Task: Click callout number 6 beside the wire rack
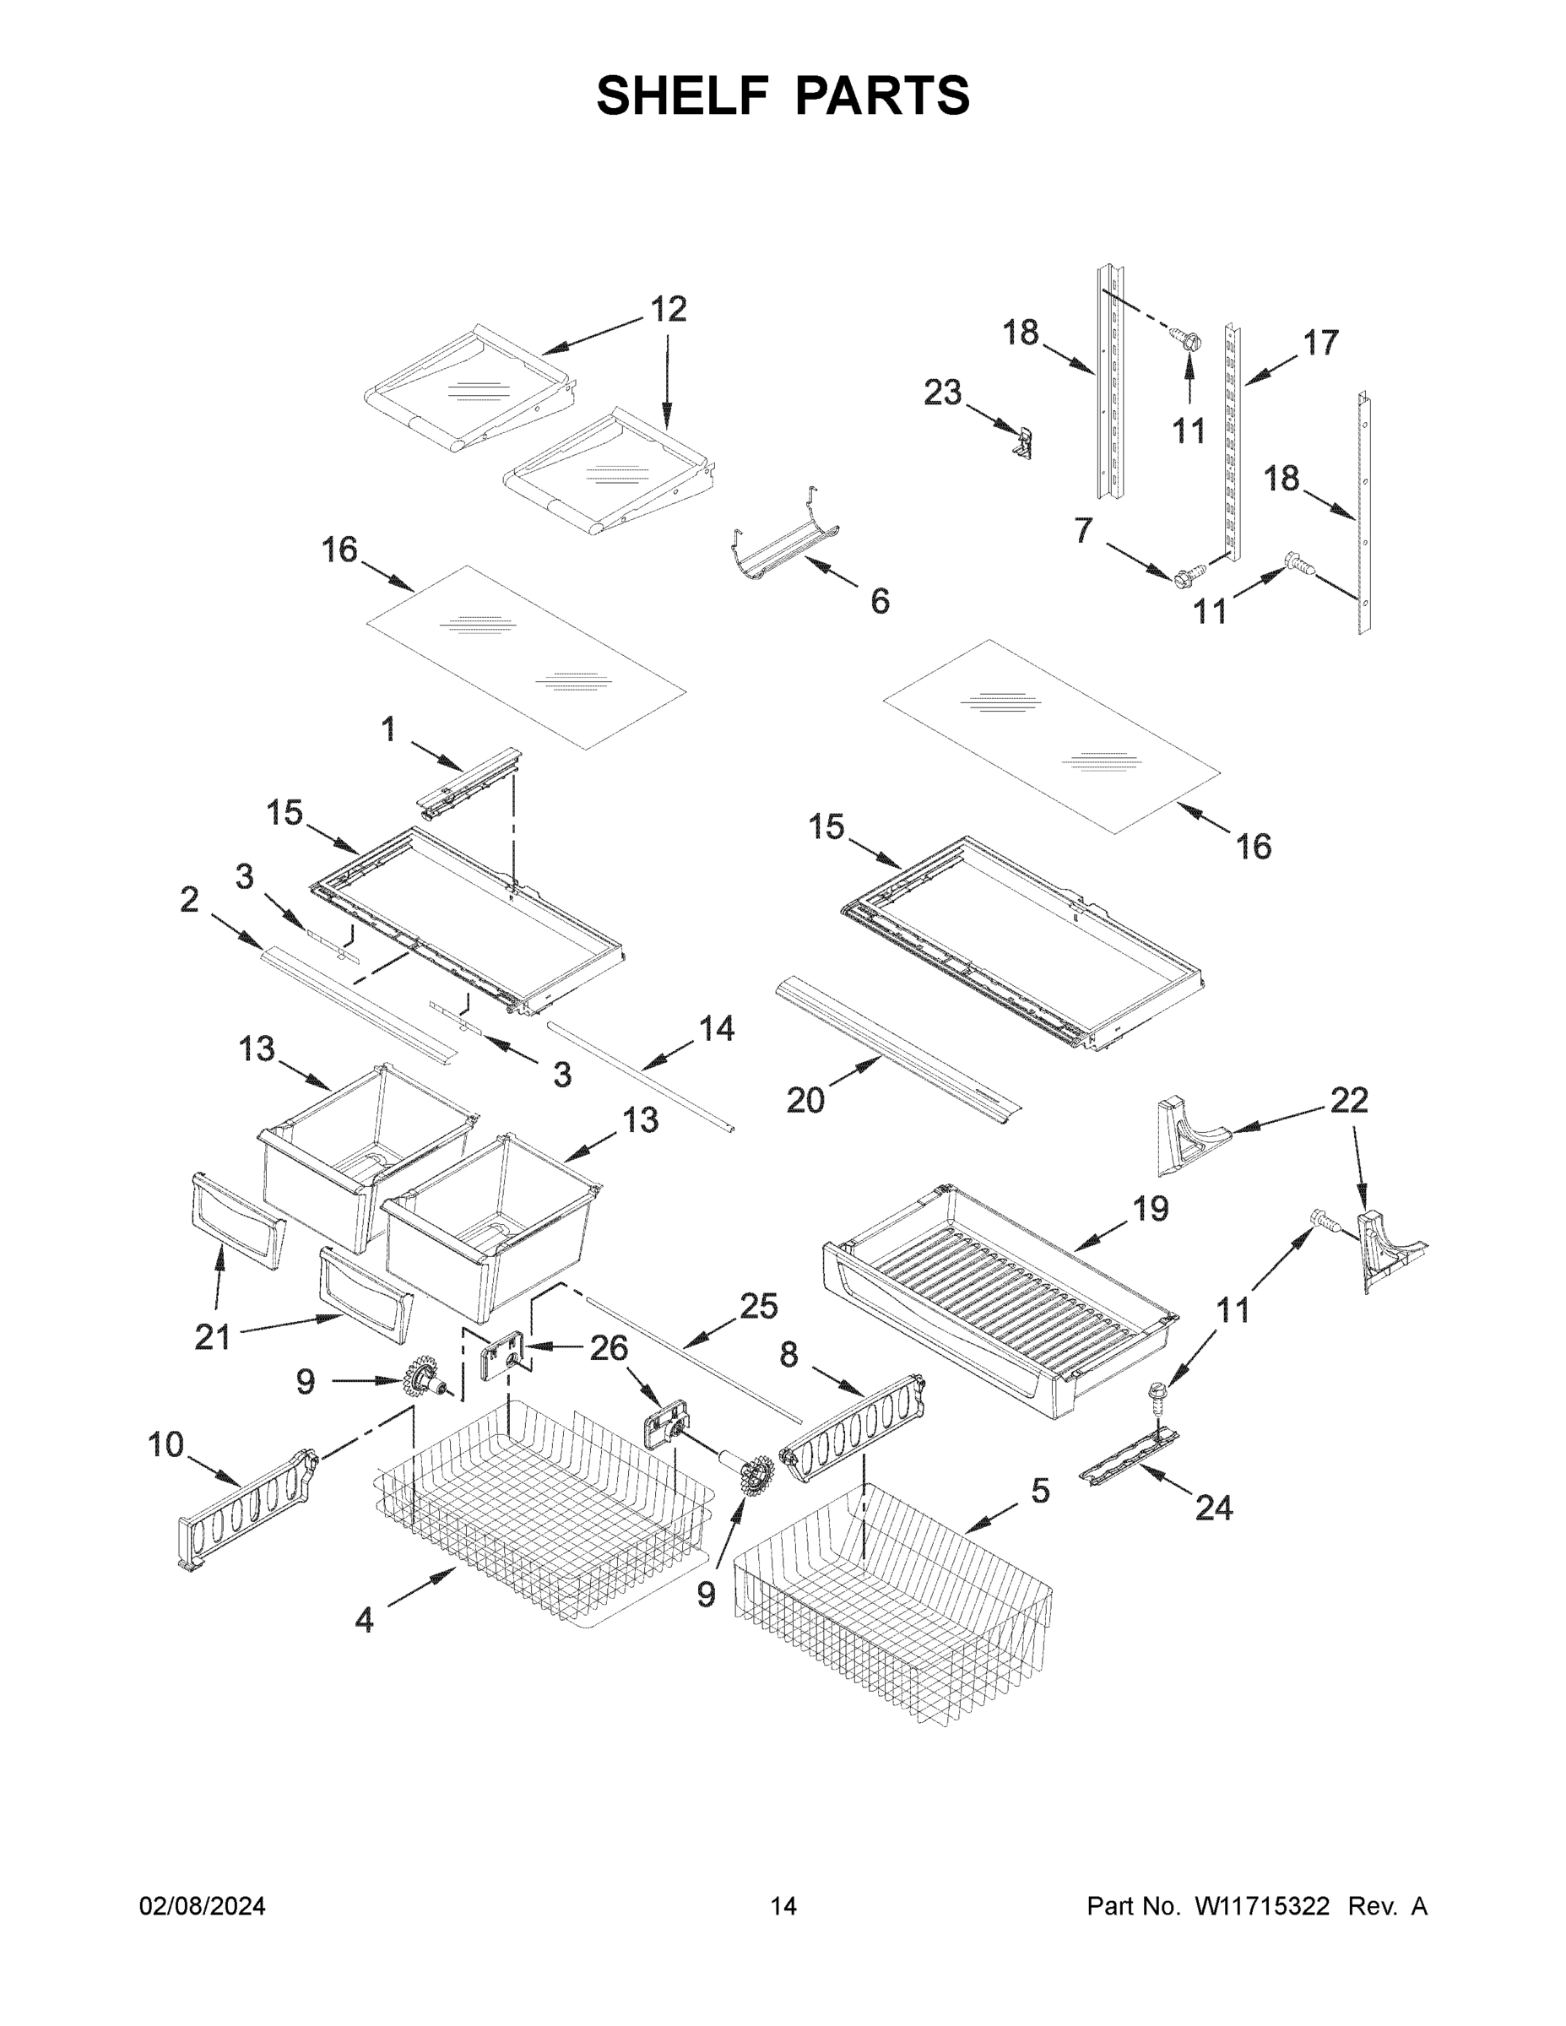pyautogui.click(x=880, y=601)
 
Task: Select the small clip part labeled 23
pyautogui.click(x=1024, y=443)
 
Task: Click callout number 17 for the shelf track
pyautogui.click(x=1320, y=344)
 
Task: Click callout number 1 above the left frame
pyautogui.click(x=387, y=729)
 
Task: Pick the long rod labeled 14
pyautogui.click(x=640, y=1076)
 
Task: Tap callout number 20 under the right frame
pyautogui.click(x=805, y=1100)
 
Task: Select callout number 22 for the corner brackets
pyautogui.click(x=1349, y=1100)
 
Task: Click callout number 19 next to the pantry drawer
pyautogui.click(x=1150, y=1209)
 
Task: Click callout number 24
pyautogui.click(x=1213, y=1509)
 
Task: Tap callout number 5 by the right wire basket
pyautogui.click(x=1040, y=1491)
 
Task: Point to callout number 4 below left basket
pyautogui.click(x=365, y=1621)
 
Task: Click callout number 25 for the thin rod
pyautogui.click(x=758, y=1306)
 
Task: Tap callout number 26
pyautogui.click(x=609, y=1348)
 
